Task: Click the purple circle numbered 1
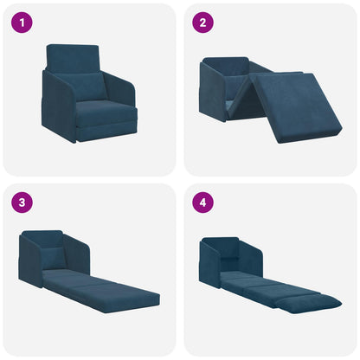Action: tap(21, 22)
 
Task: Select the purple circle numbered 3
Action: tap(21, 203)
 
